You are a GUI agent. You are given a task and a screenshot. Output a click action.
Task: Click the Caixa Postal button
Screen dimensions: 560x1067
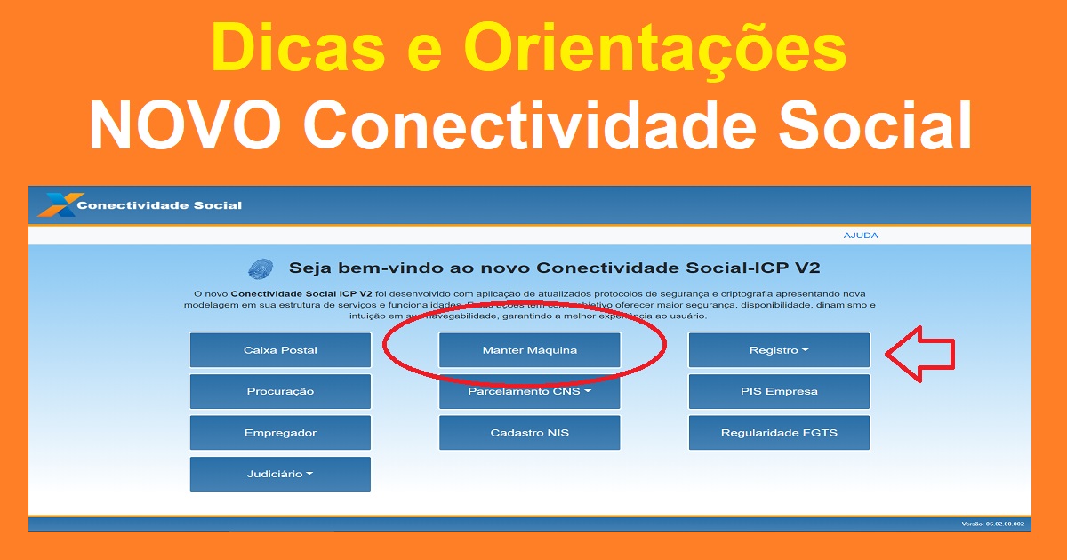(280, 350)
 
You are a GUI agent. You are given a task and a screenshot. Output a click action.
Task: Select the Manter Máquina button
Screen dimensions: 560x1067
(529, 350)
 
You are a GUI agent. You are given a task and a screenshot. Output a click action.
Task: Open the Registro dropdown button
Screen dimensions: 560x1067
(779, 350)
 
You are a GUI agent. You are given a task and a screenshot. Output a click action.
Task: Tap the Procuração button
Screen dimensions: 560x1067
(280, 391)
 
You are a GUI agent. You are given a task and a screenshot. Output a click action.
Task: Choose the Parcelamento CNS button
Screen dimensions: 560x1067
(529, 391)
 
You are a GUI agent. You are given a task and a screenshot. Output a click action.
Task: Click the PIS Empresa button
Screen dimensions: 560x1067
(779, 391)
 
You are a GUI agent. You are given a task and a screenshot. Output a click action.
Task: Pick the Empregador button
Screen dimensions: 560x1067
(280, 433)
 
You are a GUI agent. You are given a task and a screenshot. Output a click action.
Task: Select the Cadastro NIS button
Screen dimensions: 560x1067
(529, 433)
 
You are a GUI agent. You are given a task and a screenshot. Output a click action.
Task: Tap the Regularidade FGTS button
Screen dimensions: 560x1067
(779, 433)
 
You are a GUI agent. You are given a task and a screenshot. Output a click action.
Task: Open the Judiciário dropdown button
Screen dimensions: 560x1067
(280, 474)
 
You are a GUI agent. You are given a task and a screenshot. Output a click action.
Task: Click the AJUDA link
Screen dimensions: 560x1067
(860, 236)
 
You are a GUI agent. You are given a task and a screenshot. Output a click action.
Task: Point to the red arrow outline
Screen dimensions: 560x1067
(919, 355)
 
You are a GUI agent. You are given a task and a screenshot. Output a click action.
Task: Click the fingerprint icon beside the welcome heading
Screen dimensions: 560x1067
(261, 268)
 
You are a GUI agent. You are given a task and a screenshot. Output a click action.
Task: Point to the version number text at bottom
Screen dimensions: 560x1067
(992, 524)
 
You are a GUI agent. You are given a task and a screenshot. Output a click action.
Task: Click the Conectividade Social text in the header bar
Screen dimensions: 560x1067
(159, 205)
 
